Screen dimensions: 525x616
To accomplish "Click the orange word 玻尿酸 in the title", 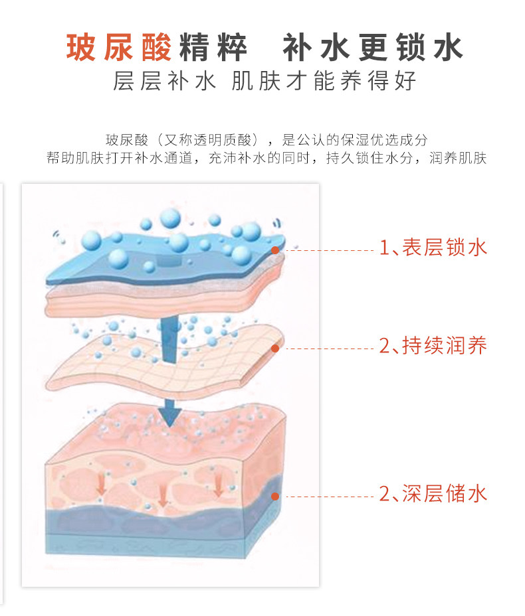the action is (119, 48).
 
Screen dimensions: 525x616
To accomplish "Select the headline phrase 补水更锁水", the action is (373, 48).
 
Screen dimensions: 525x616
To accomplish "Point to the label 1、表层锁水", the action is (433, 248).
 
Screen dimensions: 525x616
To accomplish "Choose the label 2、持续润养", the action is (433, 346).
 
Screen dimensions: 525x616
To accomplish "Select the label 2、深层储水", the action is (433, 494).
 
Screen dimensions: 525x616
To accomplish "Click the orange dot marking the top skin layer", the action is (276, 250).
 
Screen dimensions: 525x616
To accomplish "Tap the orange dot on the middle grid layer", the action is (276, 348).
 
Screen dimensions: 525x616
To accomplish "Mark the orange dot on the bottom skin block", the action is (276, 495).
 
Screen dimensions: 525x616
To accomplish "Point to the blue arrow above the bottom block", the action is (170, 411).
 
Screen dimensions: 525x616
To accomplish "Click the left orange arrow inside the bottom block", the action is (101, 486).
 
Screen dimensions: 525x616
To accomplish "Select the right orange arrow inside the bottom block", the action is (218, 487).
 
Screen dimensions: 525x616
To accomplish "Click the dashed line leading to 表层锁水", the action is (328, 250).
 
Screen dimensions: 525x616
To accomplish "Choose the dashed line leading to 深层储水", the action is (328, 496).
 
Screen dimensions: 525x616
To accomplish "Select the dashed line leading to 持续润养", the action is (328, 348).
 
